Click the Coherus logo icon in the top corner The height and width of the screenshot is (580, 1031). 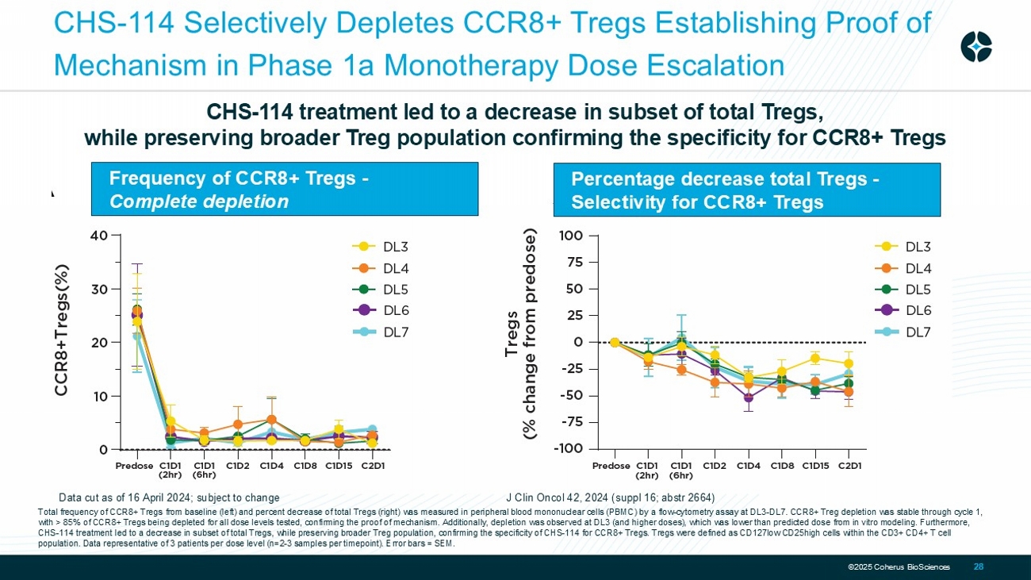coord(975,46)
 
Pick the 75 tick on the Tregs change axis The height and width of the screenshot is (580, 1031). coord(573,262)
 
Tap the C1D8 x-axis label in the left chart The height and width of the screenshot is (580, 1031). coord(305,466)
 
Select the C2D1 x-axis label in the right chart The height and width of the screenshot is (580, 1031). coord(849,466)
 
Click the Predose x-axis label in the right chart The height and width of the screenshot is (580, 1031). coord(611,466)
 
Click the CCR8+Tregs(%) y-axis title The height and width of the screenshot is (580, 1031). coord(61,330)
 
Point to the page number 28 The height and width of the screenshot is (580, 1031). coord(979,567)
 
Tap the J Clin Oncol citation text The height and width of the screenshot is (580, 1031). coord(610,498)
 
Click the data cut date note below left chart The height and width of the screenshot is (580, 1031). coord(169,498)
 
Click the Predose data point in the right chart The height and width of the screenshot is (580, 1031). coord(614,342)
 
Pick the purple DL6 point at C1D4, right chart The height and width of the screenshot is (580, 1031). coord(748,398)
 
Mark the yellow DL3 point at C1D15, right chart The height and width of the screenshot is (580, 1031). coord(814,359)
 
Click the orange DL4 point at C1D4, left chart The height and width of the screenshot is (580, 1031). coord(271,420)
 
